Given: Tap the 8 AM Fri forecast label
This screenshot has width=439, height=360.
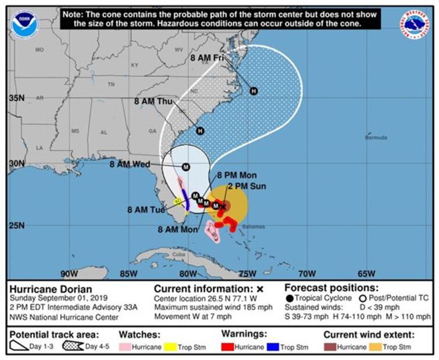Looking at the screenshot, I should point(207,58).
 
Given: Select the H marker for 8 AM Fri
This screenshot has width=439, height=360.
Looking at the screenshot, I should point(253,91).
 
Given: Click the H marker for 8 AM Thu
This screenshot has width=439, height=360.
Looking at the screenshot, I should point(200,131).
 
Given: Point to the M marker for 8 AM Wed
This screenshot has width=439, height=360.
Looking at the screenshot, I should point(186,167).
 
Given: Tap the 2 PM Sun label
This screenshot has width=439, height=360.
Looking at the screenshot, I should point(246,186).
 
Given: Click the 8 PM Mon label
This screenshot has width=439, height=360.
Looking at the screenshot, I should point(237,175).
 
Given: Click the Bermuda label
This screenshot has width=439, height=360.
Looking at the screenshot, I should point(376,138).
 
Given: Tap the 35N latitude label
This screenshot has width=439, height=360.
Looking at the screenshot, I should point(16,98).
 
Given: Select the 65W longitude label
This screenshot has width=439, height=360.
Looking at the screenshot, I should point(366,274).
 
